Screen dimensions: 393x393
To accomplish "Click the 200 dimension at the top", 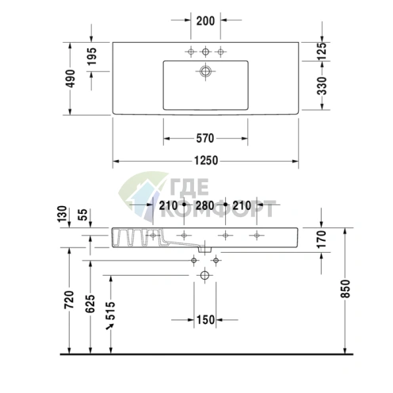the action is (205, 21).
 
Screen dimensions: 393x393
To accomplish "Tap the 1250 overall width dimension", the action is (206, 161).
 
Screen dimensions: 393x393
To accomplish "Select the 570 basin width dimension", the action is (205, 138).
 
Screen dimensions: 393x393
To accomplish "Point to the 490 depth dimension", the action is (71, 78).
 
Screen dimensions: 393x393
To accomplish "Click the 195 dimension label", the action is (92, 56).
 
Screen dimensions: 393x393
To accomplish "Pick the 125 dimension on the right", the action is (322, 51).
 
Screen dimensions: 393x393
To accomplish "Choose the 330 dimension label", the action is (322, 86).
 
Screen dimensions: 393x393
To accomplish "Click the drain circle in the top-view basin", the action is (205, 71).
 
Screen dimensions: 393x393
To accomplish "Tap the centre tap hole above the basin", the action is (205, 52).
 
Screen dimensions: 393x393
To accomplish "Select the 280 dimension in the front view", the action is (205, 205).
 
